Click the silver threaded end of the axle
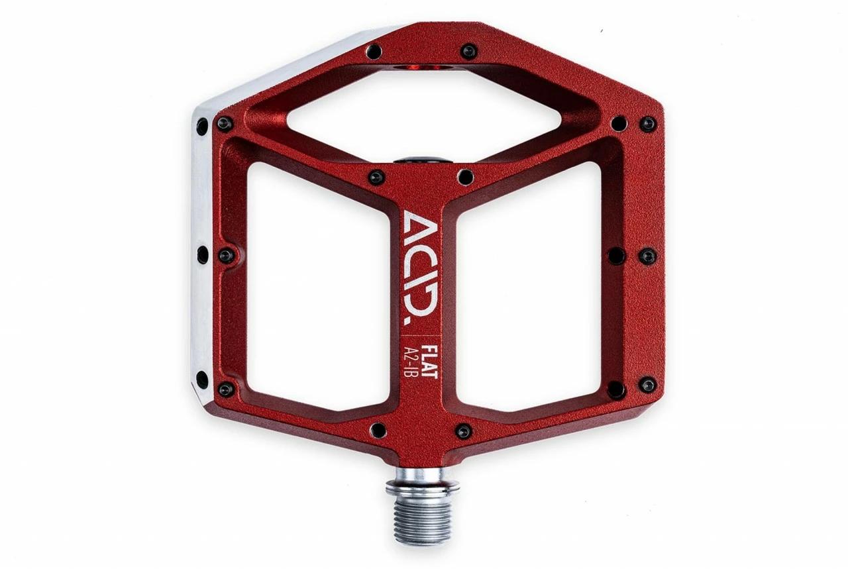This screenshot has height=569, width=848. tap(423, 513)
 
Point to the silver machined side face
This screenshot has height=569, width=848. tap(202, 252)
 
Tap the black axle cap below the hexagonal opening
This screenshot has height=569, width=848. tap(423, 160)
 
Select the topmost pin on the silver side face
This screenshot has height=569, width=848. tap(201, 126)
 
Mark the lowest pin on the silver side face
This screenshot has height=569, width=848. tap(201, 380)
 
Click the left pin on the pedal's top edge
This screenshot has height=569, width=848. tap(374, 52)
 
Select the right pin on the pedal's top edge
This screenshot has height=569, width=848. tap(469, 51)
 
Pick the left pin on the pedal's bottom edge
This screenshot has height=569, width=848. tap(378, 431)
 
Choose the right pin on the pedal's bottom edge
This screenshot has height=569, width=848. tap(464, 431)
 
